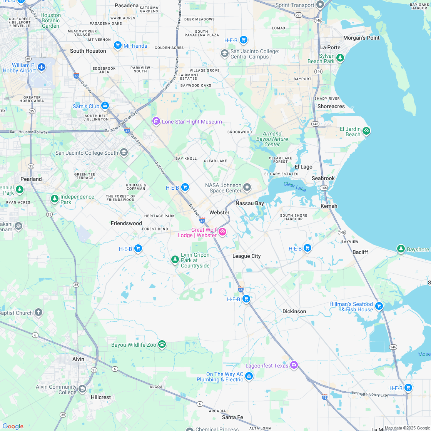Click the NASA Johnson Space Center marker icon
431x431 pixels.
[247, 187]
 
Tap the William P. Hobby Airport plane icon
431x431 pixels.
[42, 67]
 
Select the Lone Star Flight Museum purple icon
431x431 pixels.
[156, 121]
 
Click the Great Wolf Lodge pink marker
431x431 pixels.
[222, 232]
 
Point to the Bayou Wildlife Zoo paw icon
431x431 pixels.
[162, 344]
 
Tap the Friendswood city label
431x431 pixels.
[126, 223]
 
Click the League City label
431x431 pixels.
[246, 256]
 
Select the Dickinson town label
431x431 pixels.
[294, 311]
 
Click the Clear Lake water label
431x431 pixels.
[294, 187]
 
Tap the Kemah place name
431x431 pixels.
[329, 206]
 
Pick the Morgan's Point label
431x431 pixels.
[361, 38]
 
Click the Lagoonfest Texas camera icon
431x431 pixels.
[294, 365]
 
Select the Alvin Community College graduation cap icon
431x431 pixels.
[82, 389]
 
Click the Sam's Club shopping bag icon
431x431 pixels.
[105, 106]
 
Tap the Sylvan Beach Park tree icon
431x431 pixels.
[340, 58]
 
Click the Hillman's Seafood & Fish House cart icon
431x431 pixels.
[379, 306]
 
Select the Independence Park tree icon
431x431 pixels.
[55, 199]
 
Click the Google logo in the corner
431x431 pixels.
[13, 426]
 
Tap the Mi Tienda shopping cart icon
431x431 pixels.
[117, 45]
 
